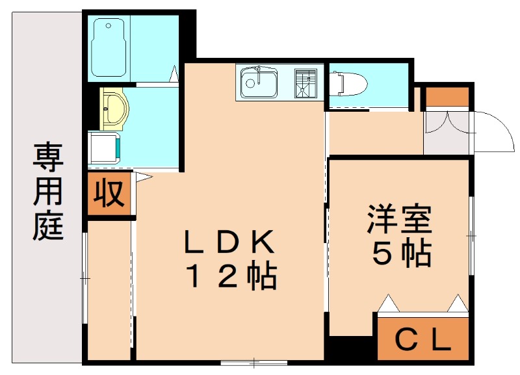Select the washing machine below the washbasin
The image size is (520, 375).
tap(104, 146)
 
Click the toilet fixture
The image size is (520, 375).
tap(348, 83)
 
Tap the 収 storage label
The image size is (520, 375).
tap(109, 193)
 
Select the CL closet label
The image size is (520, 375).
tap(423, 339)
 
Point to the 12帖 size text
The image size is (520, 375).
tap(232, 277)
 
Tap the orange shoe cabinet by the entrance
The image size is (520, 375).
tap(447, 96)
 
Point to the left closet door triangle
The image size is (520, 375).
tap(388, 302)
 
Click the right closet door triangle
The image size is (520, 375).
tap(458, 302)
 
